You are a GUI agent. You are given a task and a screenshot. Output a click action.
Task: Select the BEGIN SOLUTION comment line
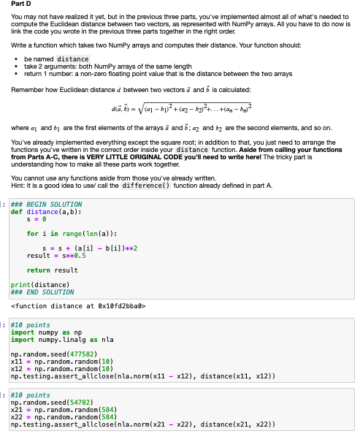point(42,184)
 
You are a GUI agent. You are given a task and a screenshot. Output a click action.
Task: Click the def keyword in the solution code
point(15,191)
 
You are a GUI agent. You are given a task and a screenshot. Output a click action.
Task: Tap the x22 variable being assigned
point(16,417)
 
